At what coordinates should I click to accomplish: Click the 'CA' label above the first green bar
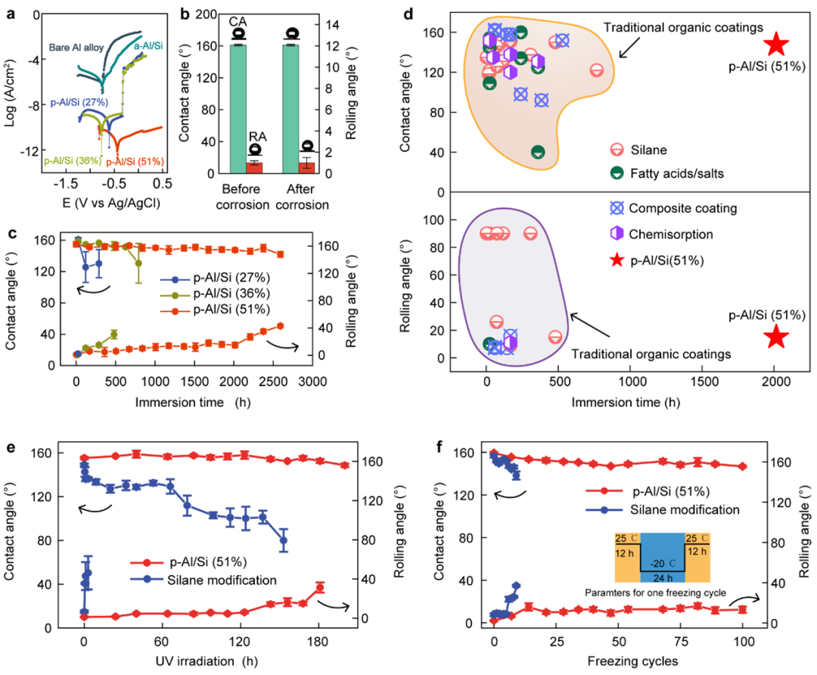(238, 23)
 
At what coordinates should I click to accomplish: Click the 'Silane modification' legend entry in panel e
(216, 580)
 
